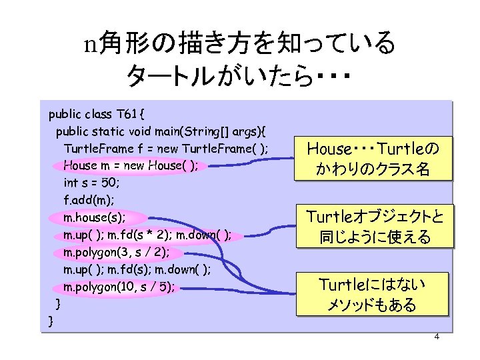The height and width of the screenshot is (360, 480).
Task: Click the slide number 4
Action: pyautogui.click(x=437, y=336)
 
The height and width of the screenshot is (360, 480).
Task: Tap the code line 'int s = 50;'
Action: pyautogui.click(x=91, y=182)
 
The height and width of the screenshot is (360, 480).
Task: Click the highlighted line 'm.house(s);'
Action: pyautogui.click(x=94, y=217)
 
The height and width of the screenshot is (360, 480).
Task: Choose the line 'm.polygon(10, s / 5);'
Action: pyautogui.click(x=119, y=287)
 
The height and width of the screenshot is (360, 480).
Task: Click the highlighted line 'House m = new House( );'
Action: pyautogui.click(x=131, y=165)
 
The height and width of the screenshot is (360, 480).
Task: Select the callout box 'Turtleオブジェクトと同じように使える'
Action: pyautogui.click(x=375, y=226)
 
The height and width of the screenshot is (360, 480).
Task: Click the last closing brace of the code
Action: pyautogui.click(x=52, y=322)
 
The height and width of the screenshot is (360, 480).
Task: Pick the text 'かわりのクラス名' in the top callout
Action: pyautogui.click(x=374, y=169)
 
